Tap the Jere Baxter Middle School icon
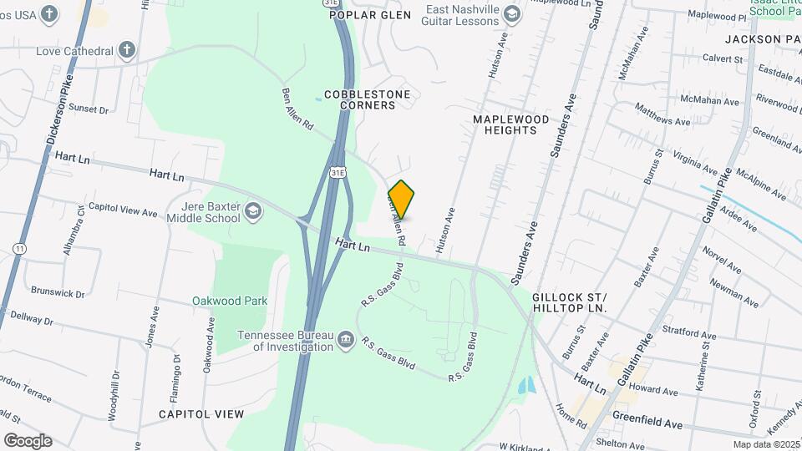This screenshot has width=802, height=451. (253, 212)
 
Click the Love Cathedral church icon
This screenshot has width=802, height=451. (126, 51)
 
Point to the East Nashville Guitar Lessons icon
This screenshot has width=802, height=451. (511, 14)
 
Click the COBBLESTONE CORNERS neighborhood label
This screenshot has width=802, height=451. (367, 99)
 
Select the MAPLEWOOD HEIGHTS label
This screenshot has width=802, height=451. (511, 124)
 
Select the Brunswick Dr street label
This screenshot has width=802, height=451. (58, 293)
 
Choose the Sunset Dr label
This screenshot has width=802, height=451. (89, 109)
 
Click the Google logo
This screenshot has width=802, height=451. (28, 440)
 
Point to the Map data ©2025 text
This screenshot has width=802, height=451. (765, 444)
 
